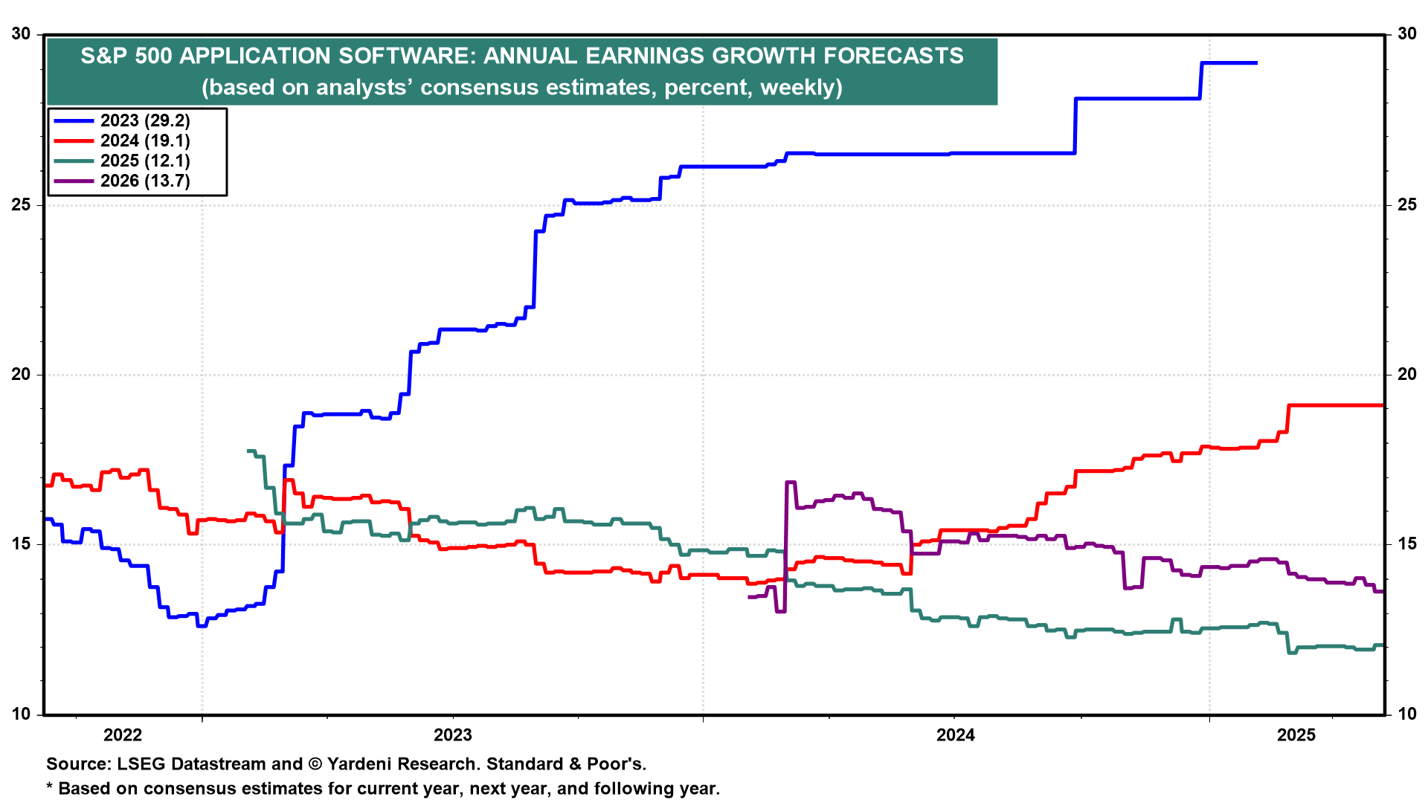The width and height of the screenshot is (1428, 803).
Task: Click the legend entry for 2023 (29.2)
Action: [x=145, y=120]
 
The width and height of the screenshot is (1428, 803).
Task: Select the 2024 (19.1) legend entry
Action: [x=145, y=141]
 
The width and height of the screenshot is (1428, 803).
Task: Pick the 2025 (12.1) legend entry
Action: [x=145, y=161]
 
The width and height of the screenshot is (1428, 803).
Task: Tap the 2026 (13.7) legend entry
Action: [x=145, y=181]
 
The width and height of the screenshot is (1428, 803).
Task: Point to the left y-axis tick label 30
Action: [x=21, y=34]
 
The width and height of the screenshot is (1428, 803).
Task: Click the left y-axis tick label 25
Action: [x=21, y=204]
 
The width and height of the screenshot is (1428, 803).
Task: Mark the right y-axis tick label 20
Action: [x=1406, y=374]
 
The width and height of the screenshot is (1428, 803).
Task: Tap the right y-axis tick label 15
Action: [x=1406, y=544]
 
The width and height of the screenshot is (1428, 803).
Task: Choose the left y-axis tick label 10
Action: [x=21, y=714]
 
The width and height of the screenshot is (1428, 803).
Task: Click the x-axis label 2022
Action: [x=123, y=735]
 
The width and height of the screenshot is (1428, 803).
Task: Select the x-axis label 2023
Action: [x=453, y=735]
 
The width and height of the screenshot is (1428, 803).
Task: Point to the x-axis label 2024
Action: [x=956, y=735]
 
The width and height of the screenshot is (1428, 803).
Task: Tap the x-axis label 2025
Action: [x=1296, y=735]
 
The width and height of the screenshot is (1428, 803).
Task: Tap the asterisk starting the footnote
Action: [x=50, y=787]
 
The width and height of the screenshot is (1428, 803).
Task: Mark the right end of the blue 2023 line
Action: [x=1256, y=63]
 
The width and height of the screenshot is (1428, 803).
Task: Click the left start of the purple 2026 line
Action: [x=749, y=597]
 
